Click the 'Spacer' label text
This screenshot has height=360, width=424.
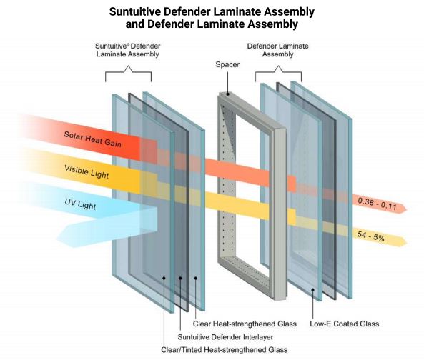[227, 64]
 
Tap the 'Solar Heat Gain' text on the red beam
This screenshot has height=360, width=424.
[92, 139]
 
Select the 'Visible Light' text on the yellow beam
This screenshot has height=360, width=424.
[87, 171]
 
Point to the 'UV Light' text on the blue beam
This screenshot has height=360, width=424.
[80, 204]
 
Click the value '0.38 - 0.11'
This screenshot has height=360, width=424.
[377, 204]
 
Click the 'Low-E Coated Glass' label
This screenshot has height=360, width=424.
[344, 324]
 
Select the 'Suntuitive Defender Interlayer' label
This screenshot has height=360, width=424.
[225, 337]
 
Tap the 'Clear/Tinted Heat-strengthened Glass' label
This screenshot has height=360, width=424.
[225, 350]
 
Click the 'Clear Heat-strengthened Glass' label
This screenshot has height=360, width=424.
[245, 324]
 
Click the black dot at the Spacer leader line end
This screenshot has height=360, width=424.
[227, 94]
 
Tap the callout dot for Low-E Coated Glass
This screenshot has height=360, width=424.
[313, 290]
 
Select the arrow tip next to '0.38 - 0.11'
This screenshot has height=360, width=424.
[404, 209]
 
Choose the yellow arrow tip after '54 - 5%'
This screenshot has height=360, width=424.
[404, 241]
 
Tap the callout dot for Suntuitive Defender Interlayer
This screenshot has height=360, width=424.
[180, 278]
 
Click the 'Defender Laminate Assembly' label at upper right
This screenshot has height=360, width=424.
[277, 50]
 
